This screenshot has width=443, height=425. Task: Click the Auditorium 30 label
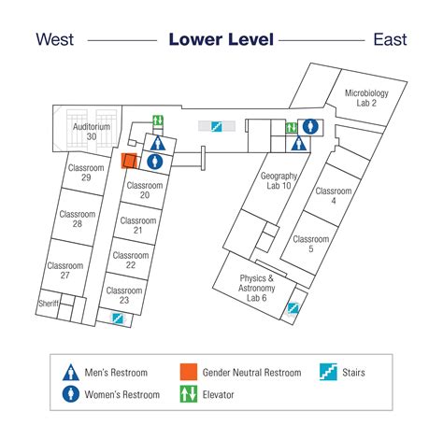92,132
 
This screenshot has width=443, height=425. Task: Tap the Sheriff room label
49,303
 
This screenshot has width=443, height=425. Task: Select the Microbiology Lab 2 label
366,98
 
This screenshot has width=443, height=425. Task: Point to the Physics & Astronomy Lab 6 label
256,288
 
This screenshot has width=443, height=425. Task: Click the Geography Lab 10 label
279,180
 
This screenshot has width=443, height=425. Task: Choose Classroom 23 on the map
124,295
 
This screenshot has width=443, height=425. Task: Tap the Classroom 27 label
65,270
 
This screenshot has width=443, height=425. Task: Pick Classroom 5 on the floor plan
311,244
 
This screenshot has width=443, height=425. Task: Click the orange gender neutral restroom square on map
129,161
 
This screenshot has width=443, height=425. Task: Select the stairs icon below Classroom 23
118,319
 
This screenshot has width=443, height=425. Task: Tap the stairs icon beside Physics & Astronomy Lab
293,308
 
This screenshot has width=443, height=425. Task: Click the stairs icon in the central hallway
217,126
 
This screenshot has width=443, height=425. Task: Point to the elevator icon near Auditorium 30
158,120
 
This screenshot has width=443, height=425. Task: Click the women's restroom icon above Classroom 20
155,162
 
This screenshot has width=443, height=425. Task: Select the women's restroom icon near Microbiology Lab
310,127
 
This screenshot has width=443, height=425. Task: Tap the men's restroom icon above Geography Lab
299,143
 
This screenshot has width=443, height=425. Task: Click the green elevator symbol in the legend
189,394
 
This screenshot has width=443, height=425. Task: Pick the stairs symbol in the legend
328,372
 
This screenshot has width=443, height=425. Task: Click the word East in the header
390,39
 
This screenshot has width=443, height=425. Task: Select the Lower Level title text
221,39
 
